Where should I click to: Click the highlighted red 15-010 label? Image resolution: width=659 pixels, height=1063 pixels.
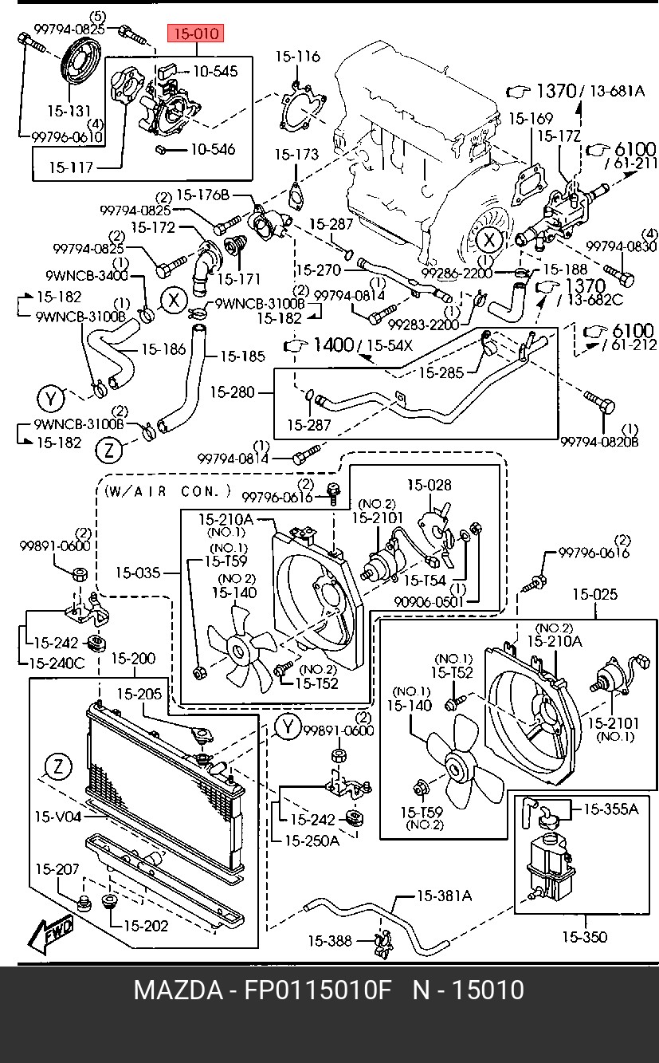pos(195,33)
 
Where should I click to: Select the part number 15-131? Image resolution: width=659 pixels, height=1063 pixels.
pos(69,111)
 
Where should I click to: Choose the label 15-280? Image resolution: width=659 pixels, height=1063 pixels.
pos(233,392)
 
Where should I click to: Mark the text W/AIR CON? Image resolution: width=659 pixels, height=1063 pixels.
pos(167,492)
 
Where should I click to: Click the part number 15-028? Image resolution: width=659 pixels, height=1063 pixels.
pos(430,485)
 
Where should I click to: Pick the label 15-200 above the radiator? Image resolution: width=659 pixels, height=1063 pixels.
pos(133,659)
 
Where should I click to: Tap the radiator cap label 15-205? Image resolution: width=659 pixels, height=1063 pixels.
pos(139,694)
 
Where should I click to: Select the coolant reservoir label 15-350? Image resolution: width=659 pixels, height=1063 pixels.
pos(584,937)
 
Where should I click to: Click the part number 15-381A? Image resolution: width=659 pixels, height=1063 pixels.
pos(444,896)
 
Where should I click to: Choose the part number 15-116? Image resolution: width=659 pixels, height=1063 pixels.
pos(298,57)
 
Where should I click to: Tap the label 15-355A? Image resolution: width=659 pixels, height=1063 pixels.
pos(611,809)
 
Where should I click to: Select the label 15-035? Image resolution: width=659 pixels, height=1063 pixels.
pos(137,572)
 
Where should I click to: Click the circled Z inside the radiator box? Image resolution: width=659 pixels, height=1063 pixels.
pos(57,768)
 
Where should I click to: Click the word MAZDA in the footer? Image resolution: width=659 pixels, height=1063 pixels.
pos(178,990)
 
